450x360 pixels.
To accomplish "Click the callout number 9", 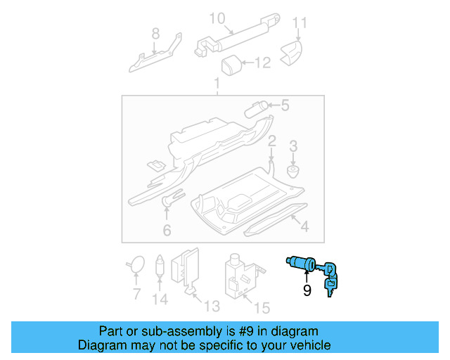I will (x=307, y=290).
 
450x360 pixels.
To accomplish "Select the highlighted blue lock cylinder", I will (x=303, y=265).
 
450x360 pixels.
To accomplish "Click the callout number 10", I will (x=217, y=17).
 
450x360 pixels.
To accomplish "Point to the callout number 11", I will (x=300, y=23).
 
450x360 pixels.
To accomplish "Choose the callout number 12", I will (x=262, y=63).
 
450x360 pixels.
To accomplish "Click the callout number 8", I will (x=155, y=32).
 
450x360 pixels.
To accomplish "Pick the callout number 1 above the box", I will (x=217, y=85).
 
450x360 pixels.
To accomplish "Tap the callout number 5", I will (x=285, y=106).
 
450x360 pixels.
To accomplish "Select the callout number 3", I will (x=294, y=146).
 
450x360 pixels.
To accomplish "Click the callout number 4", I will (x=304, y=226).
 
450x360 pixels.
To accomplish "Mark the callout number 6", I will (x=167, y=230).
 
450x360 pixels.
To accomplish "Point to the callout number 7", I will (x=136, y=293).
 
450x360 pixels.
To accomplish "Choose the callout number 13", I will (x=211, y=306).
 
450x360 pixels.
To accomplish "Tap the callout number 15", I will (x=262, y=307).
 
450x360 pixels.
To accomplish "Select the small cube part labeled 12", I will (x=231, y=66).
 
